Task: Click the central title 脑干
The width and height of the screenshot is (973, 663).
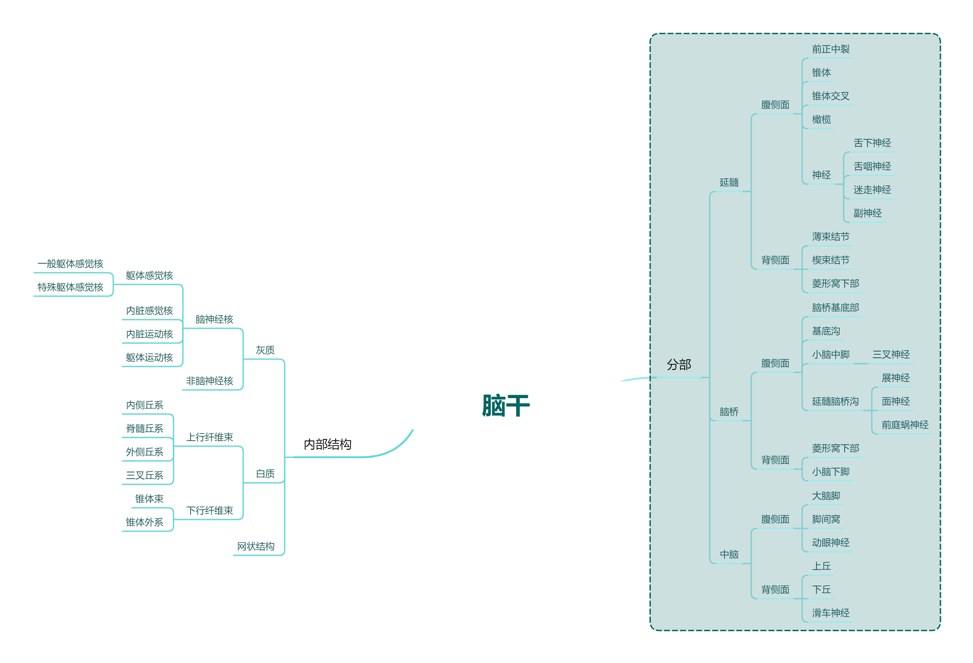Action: [506, 406]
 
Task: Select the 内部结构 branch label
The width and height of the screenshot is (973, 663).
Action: [327, 444]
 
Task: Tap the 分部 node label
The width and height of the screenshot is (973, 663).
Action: [679, 365]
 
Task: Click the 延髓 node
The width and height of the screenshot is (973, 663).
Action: [729, 182]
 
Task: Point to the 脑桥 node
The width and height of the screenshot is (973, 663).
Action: [729, 412]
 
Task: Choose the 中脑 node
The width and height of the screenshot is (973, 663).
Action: [729, 555]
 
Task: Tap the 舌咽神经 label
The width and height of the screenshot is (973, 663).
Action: [872, 167]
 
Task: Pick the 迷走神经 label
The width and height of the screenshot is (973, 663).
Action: [872, 190]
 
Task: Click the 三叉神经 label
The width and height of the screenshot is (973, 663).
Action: [891, 355]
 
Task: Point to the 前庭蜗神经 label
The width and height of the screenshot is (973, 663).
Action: [905, 425]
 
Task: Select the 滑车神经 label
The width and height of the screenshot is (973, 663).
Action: [831, 613]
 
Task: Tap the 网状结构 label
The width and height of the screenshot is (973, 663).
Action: [256, 546]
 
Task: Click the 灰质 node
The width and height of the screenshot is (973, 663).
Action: [265, 350]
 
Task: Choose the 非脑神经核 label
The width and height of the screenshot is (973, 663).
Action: [210, 381]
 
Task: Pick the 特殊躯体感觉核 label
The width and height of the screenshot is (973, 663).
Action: [70, 287]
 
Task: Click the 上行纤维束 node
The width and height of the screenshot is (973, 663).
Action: [210, 437]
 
